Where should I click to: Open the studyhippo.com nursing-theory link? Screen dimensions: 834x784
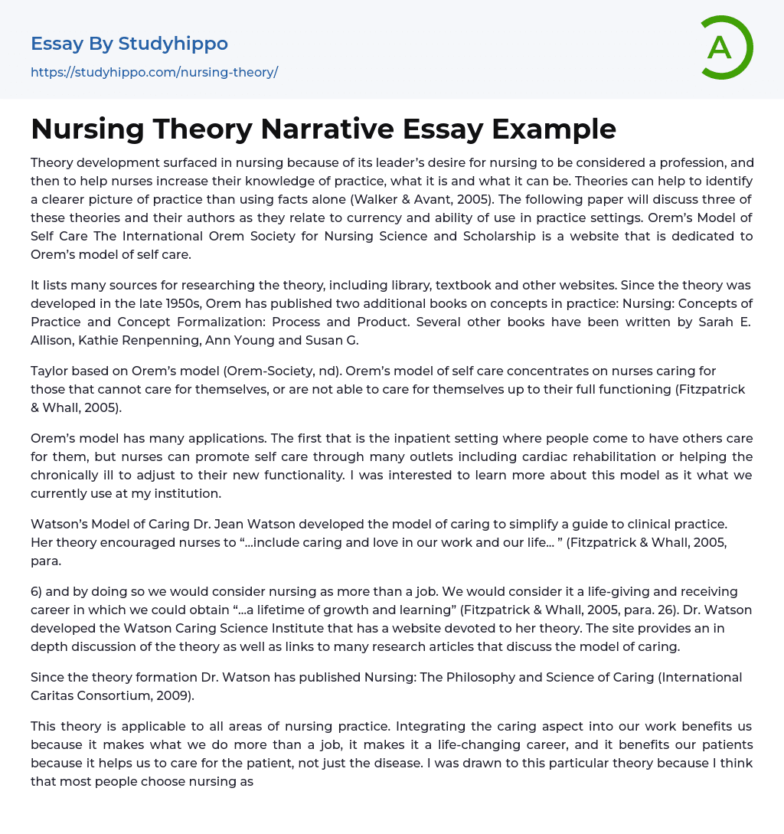coord(154,72)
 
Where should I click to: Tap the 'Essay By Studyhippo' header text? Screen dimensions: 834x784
coord(129,44)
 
